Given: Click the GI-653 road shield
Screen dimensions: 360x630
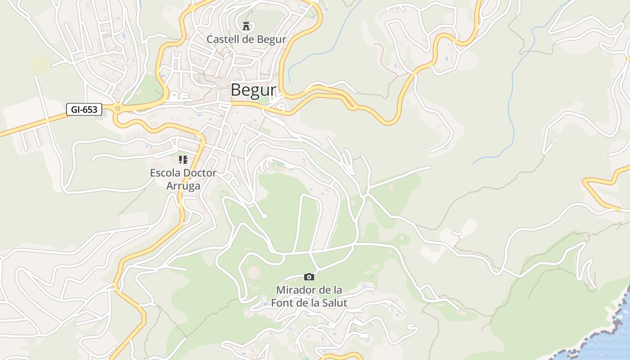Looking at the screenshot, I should [84, 109].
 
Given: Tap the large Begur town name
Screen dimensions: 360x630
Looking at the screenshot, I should [253, 90].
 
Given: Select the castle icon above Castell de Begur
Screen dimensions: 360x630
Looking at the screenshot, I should [246, 26].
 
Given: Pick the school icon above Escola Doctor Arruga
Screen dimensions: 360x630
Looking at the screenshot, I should [183, 160].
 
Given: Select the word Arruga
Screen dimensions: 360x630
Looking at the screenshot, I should [183, 185].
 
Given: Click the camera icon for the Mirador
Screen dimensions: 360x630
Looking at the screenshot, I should [309, 277].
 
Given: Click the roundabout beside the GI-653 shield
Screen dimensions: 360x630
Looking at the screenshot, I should [118, 108].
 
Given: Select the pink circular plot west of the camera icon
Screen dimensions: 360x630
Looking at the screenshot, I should [254, 272].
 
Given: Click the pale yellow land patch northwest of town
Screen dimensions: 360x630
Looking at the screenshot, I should [40, 63].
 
